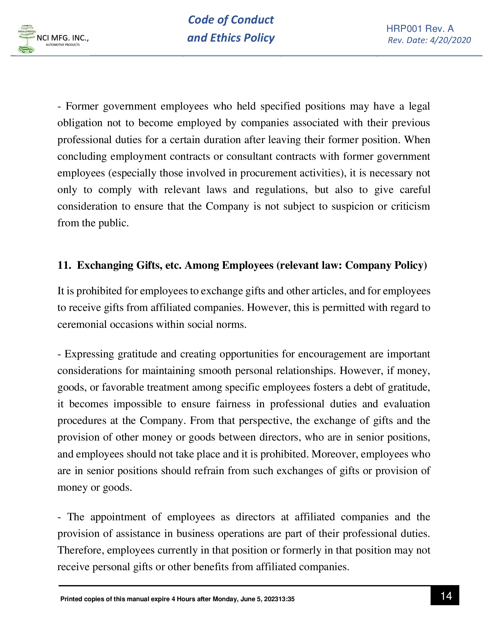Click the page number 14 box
point(444,595)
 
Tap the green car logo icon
point(26,49)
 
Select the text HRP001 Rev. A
point(420,29)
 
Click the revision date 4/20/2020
point(450,40)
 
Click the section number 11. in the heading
point(64,265)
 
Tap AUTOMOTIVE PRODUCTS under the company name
point(63,45)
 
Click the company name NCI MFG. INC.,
point(63,38)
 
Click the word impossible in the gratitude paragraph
point(137,404)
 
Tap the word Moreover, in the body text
point(334,454)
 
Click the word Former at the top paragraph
point(82,106)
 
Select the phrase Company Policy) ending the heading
point(386,265)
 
